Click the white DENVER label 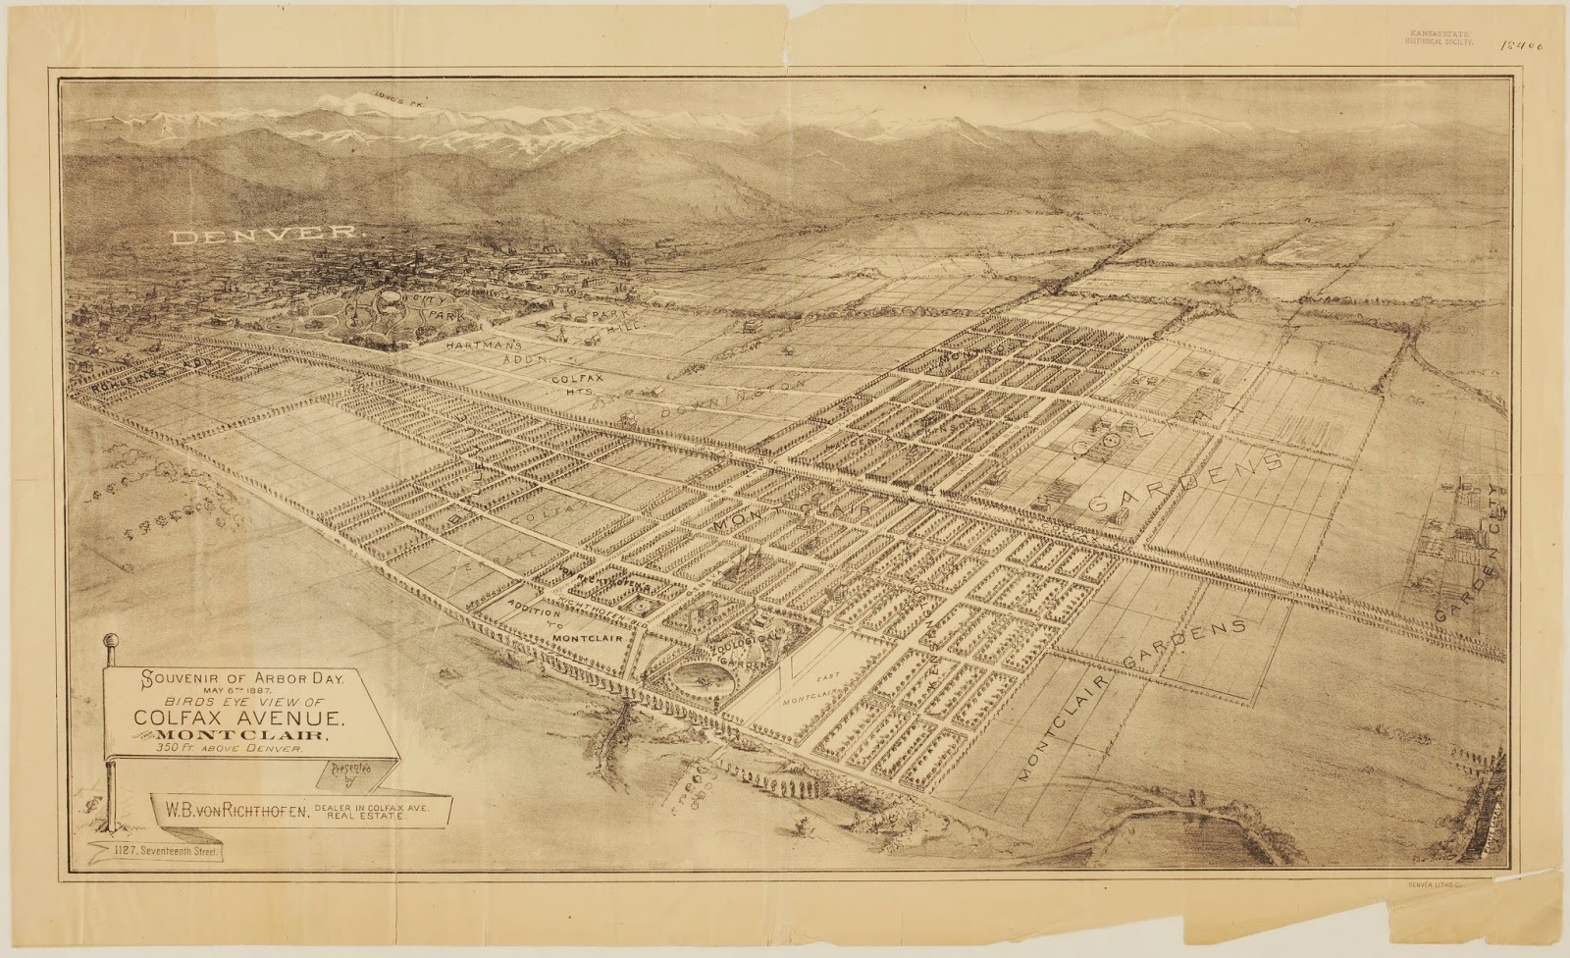click(x=265, y=236)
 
